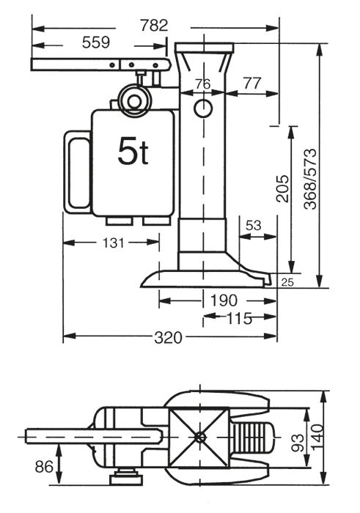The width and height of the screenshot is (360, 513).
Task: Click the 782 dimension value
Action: pos(154,26)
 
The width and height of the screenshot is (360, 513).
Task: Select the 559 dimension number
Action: pos(96,43)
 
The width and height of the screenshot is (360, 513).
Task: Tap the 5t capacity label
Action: pos(133,151)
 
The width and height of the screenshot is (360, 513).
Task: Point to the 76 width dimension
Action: pos(203,84)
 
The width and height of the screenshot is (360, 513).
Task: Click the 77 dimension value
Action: pos(252,83)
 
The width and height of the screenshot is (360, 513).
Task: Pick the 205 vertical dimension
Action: pos(282,188)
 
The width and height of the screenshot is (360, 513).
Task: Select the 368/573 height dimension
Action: pos(310,179)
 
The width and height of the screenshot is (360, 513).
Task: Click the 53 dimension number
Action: pos(254,226)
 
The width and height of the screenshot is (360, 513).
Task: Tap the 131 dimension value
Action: pos(113,243)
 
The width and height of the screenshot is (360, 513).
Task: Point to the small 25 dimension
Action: pos(287,282)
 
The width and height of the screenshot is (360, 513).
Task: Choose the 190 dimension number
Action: pos(224,300)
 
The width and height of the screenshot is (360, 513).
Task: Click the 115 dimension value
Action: pos(239,318)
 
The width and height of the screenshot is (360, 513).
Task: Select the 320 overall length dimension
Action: pos(168,337)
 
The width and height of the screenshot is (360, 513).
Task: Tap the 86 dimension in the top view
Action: pos(44,467)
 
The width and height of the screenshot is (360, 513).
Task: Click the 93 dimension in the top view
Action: pos(298,443)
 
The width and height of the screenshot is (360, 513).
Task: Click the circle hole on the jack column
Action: pos(203,108)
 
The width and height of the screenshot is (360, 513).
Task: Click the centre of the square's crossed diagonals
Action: pos(199,437)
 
